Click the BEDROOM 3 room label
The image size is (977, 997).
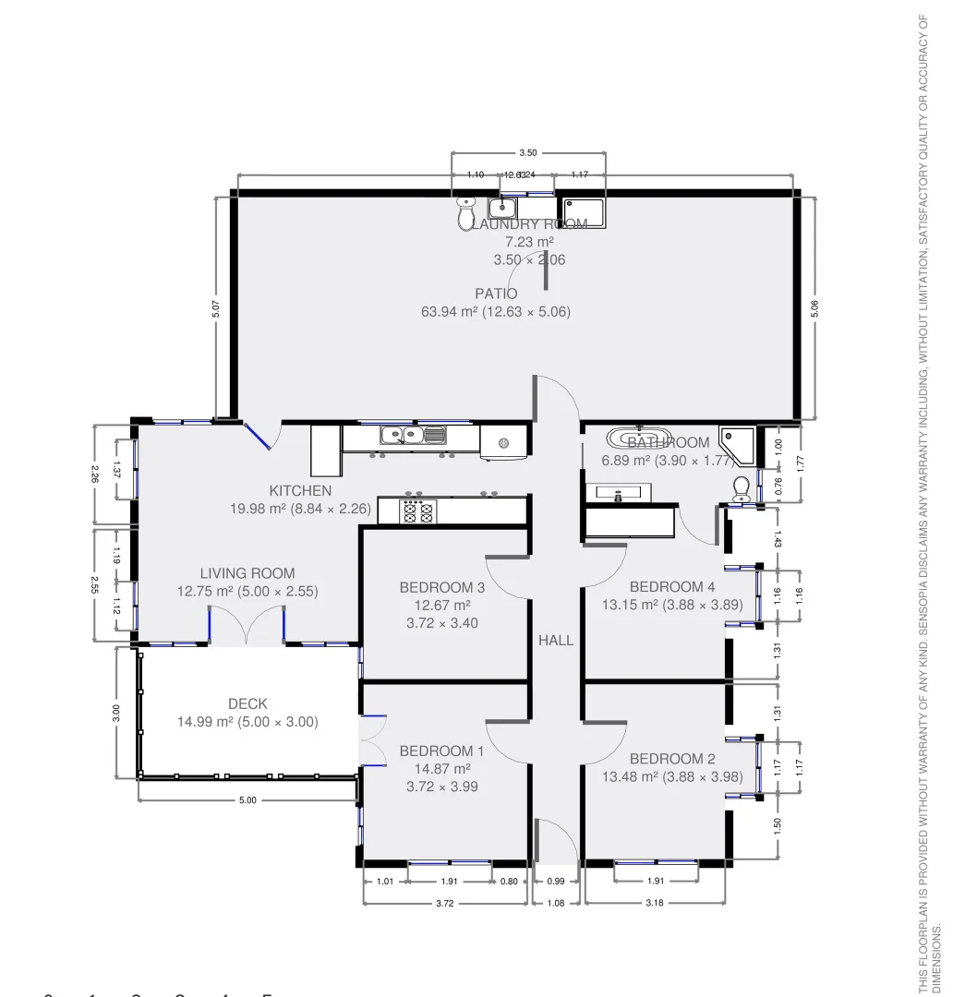(442, 587)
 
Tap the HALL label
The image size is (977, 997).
(556, 640)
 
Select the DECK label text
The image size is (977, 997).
(247, 703)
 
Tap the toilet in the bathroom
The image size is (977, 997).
(741, 488)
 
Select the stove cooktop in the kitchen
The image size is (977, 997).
(417, 511)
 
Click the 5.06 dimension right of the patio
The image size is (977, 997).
(814, 306)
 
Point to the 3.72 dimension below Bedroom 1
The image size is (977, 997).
(444, 903)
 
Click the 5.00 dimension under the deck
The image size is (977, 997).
(247, 800)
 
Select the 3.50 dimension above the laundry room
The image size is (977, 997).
(527, 152)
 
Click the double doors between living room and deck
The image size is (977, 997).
(247, 624)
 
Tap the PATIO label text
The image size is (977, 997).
(496, 294)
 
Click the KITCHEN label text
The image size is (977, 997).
(300, 491)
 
